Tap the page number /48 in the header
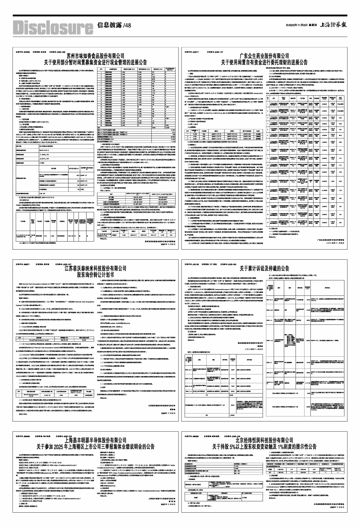(127, 26)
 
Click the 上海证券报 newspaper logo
(333, 25)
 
